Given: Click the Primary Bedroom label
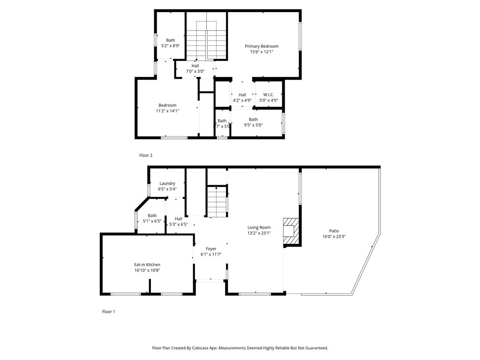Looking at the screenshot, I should pos(262,46).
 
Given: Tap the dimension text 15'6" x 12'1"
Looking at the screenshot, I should pos(262,52).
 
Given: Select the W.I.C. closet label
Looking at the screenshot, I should pos(269,95).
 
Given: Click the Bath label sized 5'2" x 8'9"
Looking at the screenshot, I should pos(171,40).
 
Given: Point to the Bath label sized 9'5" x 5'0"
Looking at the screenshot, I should pos(253,120).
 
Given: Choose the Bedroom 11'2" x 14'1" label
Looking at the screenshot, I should pos(167,105).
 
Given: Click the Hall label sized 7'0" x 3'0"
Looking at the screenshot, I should pos(195,66).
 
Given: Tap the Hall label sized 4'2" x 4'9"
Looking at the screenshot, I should pos(242,95).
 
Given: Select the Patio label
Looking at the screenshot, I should pos(334,231).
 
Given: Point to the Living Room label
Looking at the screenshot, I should pos(259,227).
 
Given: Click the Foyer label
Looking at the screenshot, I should pos(211,249).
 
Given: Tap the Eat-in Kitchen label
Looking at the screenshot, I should pos(147,265).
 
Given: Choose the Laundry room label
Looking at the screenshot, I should pos(167,183).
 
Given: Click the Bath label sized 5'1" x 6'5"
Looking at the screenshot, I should pos(152,216).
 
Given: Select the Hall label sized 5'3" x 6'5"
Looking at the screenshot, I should pos(179,219).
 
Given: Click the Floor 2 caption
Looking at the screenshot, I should pos(146,155).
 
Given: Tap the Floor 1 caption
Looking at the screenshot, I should pos(108,312).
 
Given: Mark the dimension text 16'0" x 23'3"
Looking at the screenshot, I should pos(334,237).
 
